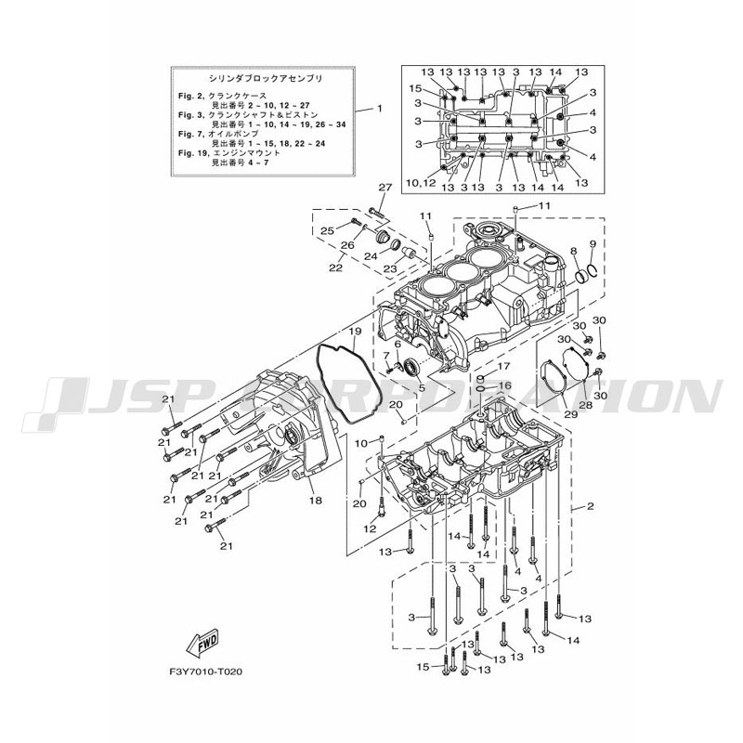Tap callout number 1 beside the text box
379,109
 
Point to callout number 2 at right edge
589,508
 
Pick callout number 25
327,230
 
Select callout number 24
370,256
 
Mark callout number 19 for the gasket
355,331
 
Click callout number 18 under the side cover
315,501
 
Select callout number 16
505,385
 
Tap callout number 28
585,405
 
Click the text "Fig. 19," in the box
191,150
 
